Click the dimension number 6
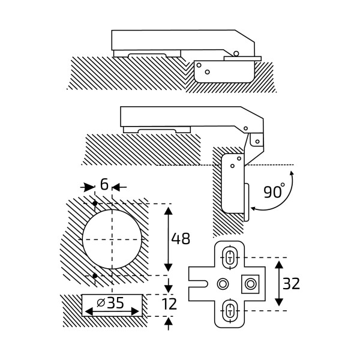104,185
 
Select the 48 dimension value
180,238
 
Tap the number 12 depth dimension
170,304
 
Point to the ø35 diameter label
110,303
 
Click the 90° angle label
274,192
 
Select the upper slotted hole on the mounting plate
229,257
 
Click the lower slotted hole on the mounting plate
229,310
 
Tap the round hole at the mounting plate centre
223,283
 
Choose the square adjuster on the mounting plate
250,283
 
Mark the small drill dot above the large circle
95,203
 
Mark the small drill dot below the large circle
95,276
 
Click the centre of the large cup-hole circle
112,239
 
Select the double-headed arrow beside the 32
278,283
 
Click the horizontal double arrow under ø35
112,312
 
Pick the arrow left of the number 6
89,188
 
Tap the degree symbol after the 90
283,185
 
